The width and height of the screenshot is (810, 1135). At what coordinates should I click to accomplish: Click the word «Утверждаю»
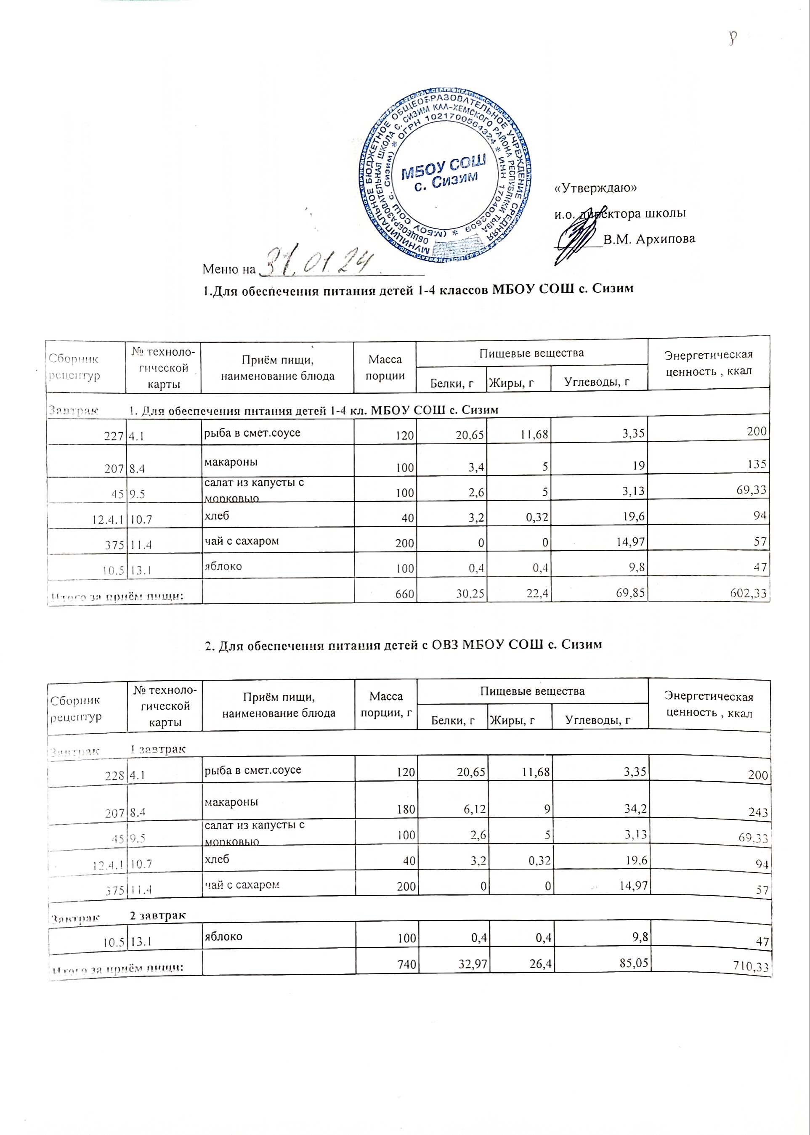coord(596,188)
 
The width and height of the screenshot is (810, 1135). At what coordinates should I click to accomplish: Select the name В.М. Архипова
coord(649,239)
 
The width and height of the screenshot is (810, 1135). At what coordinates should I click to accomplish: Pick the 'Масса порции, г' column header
coord(385,705)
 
